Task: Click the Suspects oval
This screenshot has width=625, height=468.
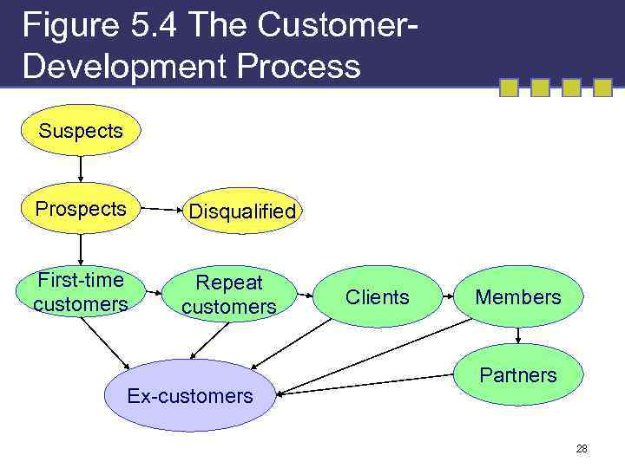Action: (x=81, y=131)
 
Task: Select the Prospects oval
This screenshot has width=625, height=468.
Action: (x=81, y=209)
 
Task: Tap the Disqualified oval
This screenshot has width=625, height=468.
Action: (x=242, y=211)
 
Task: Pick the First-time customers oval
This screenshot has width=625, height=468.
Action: (x=81, y=292)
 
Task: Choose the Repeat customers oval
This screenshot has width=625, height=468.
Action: (x=229, y=295)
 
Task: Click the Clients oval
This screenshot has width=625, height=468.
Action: (x=377, y=297)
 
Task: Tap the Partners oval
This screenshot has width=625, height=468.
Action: (x=518, y=375)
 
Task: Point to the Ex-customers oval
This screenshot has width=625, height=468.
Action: (x=190, y=396)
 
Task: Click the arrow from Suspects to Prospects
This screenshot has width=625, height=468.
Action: (x=81, y=169)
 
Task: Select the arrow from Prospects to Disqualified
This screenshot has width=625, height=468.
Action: (x=161, y=210)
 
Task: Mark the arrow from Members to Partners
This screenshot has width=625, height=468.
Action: (x=519, y=335)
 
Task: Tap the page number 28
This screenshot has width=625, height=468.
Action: (x=581, y=448)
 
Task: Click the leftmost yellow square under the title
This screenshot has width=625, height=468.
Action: (x=509, y=88)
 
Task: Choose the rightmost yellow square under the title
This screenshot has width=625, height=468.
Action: (x=602, y=88)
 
